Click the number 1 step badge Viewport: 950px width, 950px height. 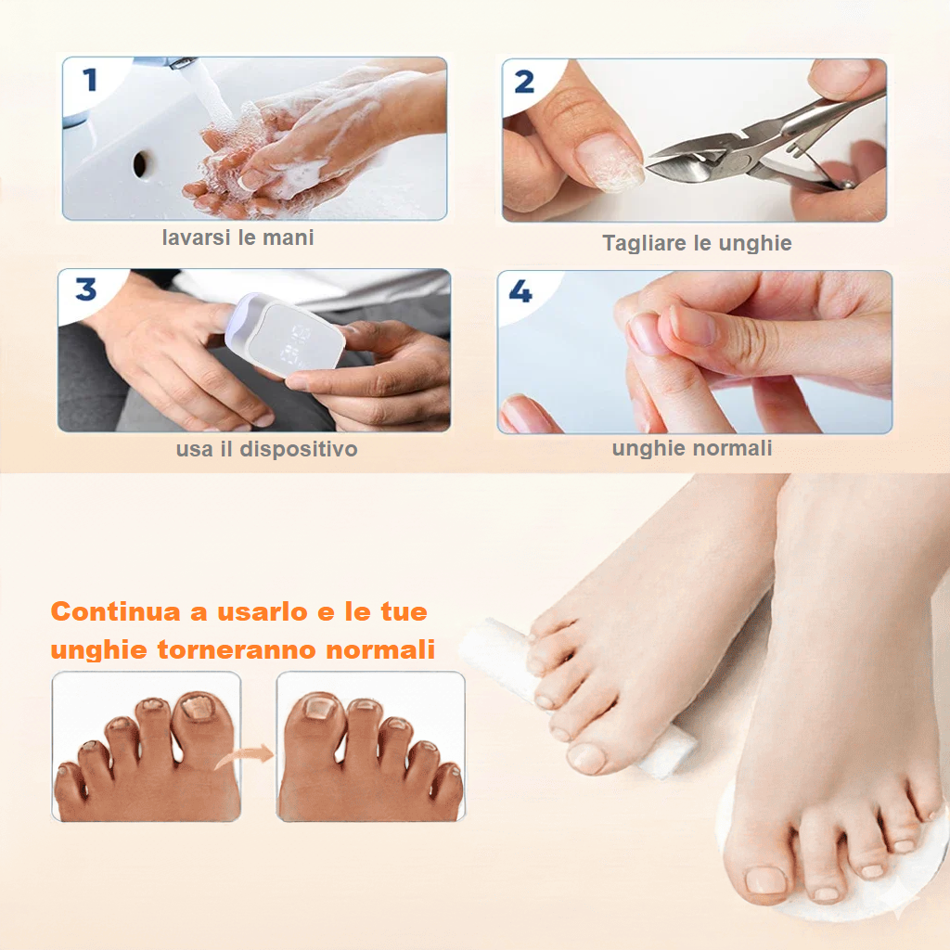(x=90, y=80)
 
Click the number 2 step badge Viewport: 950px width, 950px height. (x=524, y=82)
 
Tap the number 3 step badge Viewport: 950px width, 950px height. (x=86, y=289)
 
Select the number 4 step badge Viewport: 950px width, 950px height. (x=520, y=291)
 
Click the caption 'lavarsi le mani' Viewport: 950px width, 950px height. (x=237, y=237)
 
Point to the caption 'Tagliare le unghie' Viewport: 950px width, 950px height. (x=697, y=244)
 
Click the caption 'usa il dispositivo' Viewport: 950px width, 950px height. (x=266, y=450)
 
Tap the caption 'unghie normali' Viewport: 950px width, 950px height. (x=692, y=449)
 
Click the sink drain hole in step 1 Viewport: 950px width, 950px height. (x=140, y=165)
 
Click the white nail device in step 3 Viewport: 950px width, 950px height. (x=286, y=334)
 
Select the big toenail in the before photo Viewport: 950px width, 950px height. (x=197, y=709)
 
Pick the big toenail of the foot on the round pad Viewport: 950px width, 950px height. (x=765, y=879)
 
